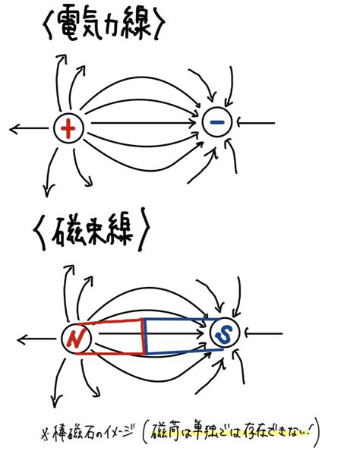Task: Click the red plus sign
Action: [x=68, y=128]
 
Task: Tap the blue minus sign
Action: [x=217, y=122]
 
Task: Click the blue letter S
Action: [x=225, y=334]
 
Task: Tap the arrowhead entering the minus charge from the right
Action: [x=239, y=123]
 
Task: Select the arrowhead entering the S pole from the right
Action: [x=247, y=333]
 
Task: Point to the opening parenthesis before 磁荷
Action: [x=145, y=432]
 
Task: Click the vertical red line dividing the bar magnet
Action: [x=144, y=336]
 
